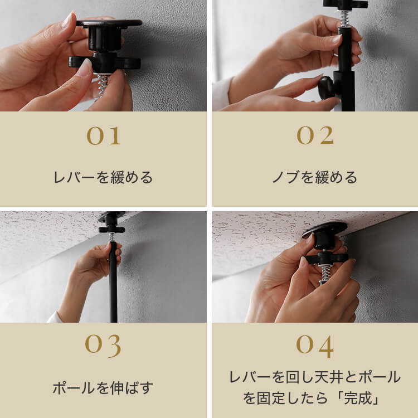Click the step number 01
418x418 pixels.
pyautogui.click(x=104, y=135)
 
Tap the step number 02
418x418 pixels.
pyautogui.click(x=315, y=135)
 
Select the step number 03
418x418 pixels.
pyautogui.click(x=103, y=346)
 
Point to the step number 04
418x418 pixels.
pyautogui.click(x=315, y=346)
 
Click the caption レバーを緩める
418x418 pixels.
pyautogui.click(x=103, y=177)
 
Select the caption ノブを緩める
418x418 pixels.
pyautogui.click(x=315, y=177)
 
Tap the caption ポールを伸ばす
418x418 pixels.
pyautogui.click(x=103, y=387)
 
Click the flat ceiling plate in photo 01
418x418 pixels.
pyautogui.click(x=109, y=23)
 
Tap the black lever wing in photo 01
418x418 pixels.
pyautogui.click(x=105, y=62)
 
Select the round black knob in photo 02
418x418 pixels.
pyautogui.click(x=326, y=88)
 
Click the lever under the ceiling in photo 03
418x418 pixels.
pyautogui.click(x=111, y=229)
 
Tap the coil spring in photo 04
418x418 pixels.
pyautogui.click(x=326, y=274)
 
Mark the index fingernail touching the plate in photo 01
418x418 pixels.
pyautogui.click(x=67, y=21)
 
